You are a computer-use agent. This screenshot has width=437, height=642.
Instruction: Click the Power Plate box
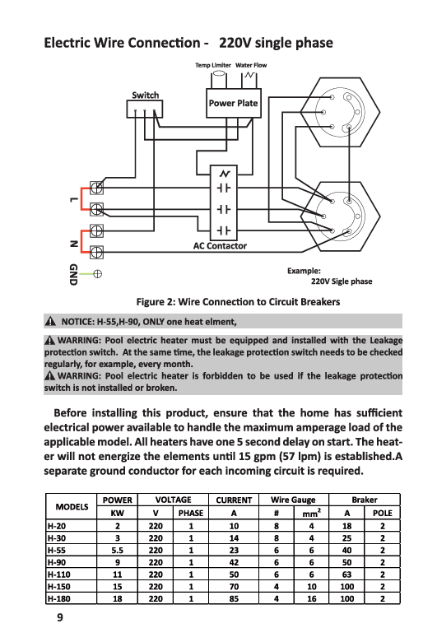(234, 103)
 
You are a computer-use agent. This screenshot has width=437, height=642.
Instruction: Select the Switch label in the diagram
(146, 95)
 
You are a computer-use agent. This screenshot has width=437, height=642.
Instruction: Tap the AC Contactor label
(220, 245)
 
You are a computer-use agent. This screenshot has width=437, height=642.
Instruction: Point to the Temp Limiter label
(213, 65)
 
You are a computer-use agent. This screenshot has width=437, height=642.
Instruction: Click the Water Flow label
(251, 65)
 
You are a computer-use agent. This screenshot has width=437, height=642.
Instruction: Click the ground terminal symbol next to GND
(97, 274)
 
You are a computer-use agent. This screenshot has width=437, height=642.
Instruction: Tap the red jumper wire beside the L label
(81, 198)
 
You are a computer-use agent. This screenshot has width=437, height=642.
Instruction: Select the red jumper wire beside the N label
(81, 241)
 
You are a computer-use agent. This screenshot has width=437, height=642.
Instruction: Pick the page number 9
(60, 617)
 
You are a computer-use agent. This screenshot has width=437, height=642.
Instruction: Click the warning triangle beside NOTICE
(50, 321)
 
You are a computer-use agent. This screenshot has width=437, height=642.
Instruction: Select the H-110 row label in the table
(59, 575)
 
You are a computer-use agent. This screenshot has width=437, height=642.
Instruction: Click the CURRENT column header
(234, 500)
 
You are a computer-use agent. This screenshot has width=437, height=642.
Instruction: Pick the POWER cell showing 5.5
(117, 551)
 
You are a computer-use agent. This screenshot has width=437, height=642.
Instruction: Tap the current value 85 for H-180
(234, 598)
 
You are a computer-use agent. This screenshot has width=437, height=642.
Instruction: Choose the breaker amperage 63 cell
(347, 575)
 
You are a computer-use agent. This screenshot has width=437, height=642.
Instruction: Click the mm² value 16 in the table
(312, 598)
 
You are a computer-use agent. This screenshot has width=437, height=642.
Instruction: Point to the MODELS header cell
(72, 506)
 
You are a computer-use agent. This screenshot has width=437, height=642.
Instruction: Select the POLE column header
(382, 513)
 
